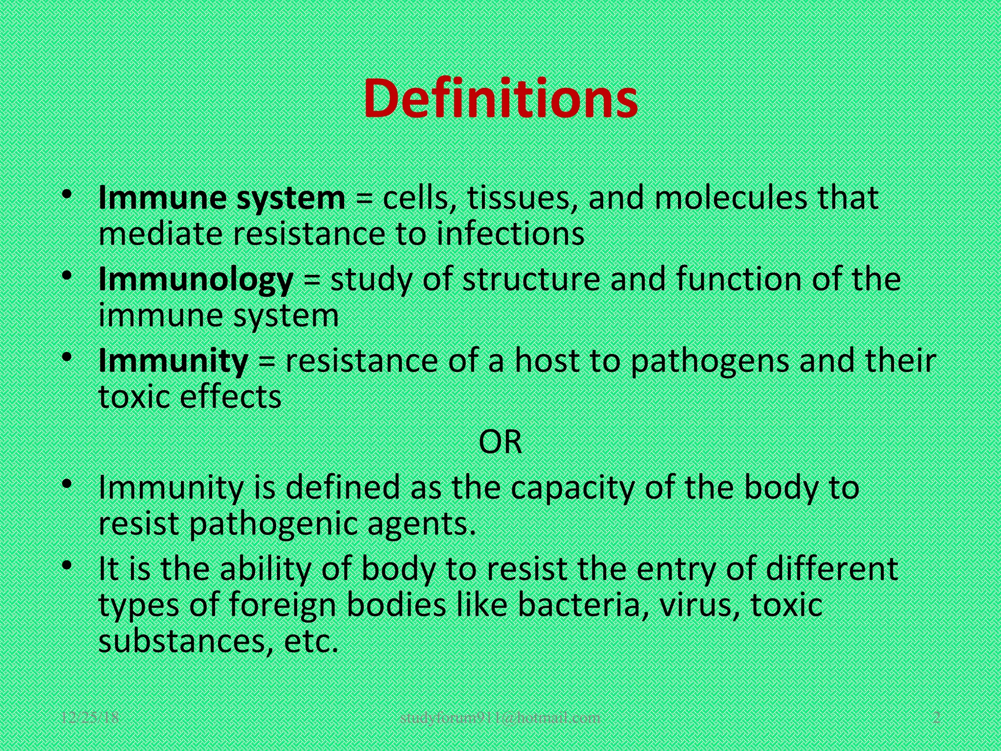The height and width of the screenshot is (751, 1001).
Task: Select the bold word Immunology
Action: coord(196,280)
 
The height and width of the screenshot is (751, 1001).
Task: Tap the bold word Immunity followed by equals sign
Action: coord(173,361)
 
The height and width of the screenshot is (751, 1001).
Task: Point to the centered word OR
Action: coord(500,442)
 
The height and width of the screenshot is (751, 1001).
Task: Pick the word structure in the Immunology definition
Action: coord(531,279)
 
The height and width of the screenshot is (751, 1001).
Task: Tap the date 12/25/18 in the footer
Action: coord(90,718)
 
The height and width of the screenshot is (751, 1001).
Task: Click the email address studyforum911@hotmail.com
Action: coord(500,718)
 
